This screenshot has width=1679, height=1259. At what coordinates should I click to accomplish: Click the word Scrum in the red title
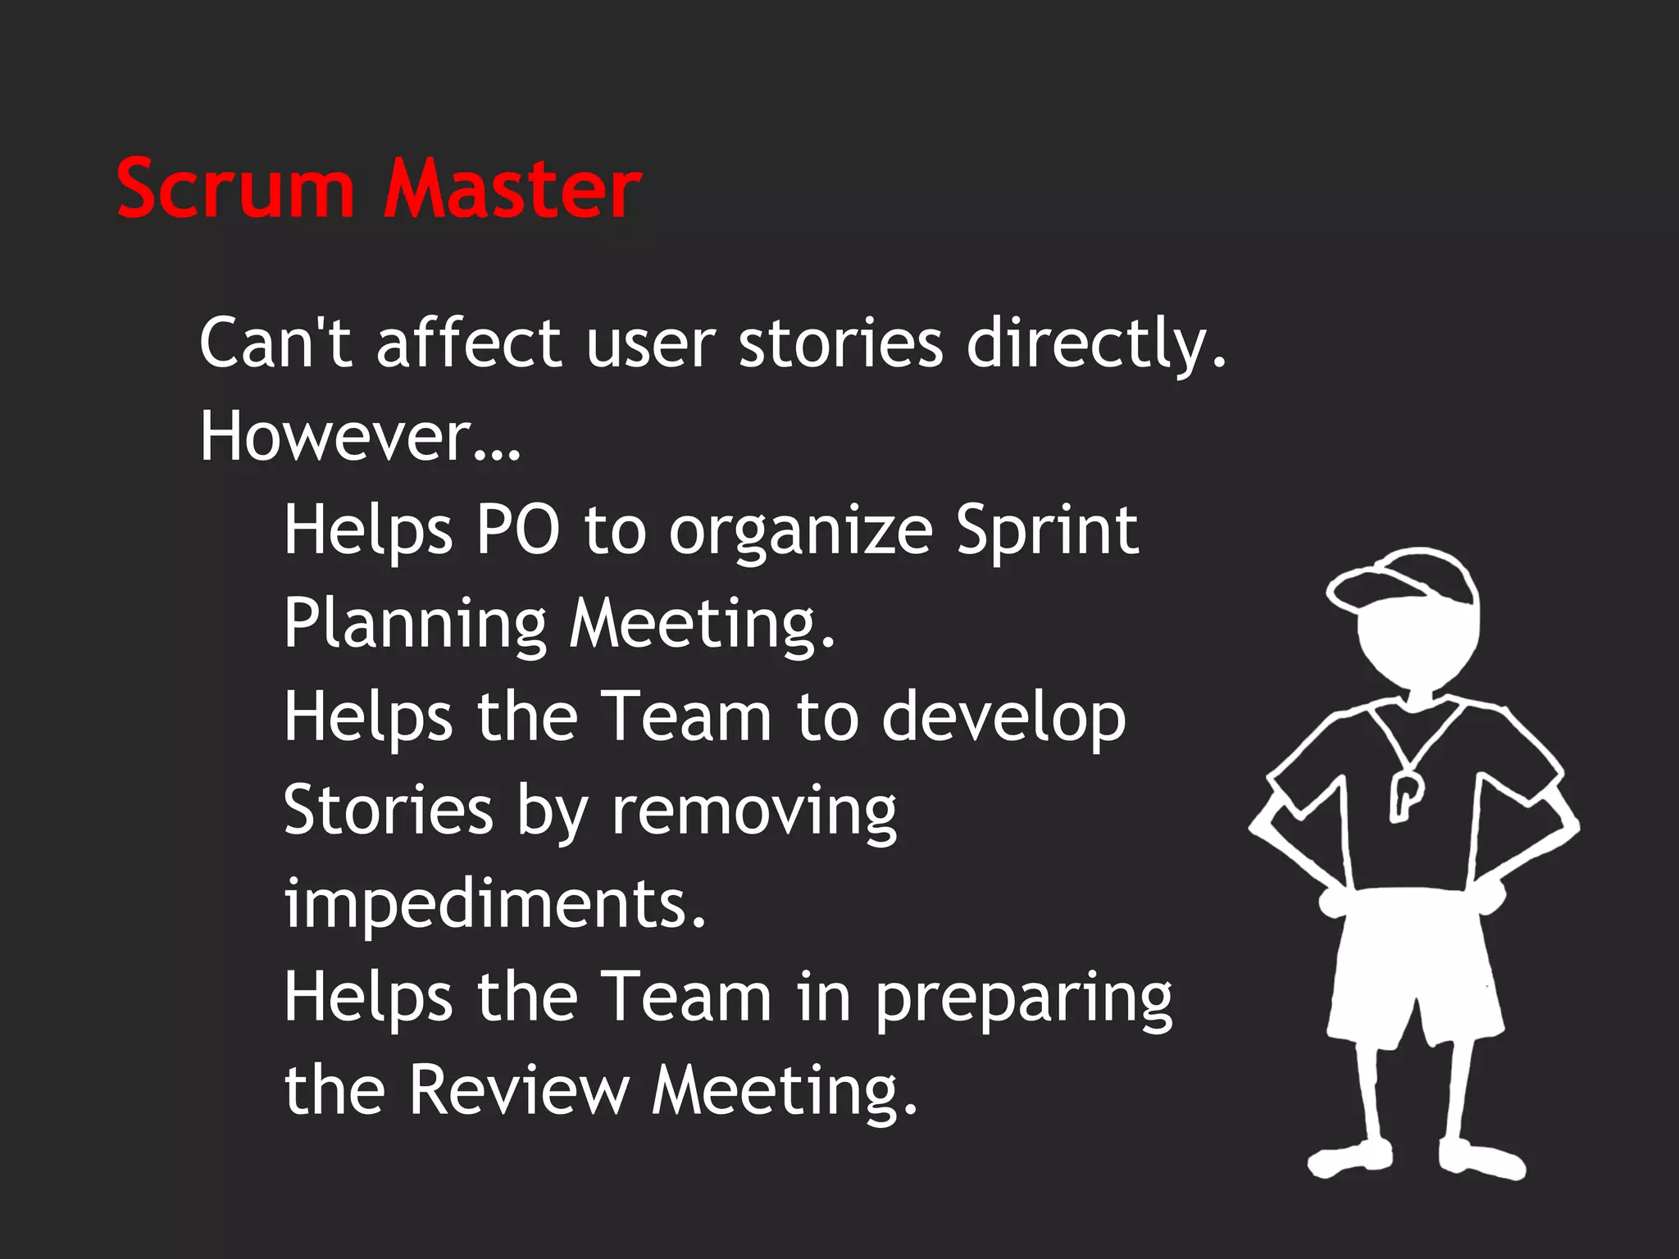click(x=236, y=189)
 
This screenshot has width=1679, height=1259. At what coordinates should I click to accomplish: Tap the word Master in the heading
click(x=512, y=189)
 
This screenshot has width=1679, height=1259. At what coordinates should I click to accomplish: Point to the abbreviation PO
click(x=518, y=530)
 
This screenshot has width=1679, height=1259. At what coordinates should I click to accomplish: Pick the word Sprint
click(x=1047, y=531)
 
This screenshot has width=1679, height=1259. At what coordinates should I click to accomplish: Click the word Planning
click(x=415, y=623)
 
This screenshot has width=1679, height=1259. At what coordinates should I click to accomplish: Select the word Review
click(x=519, y=1089)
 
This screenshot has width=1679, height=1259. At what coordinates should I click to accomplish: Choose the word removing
click(x=754, y=811)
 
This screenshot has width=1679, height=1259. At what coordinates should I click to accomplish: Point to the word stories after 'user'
click(x=841, y=343)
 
